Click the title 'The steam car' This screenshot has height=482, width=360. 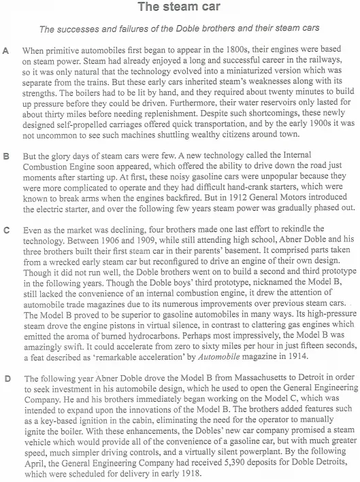coord(180,8)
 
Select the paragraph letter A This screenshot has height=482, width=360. coord(6,51)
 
